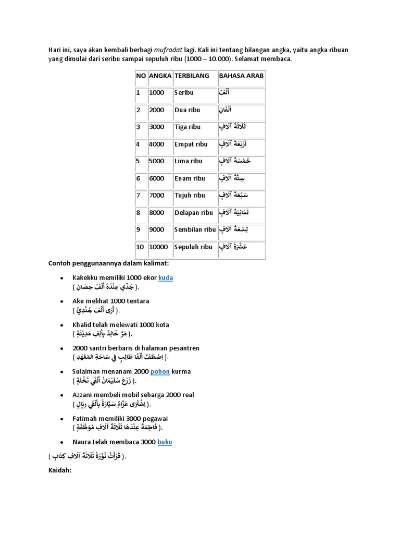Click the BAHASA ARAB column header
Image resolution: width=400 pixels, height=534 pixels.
pos(241,76)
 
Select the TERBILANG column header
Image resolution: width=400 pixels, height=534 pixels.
pos(192,76)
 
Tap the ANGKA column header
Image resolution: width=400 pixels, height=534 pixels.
pos(160,76)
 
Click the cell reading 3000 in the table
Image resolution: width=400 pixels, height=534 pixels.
pos(156,127)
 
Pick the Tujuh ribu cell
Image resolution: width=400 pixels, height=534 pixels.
pos(190,196)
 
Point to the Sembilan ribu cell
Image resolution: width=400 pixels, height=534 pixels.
pos(195,229)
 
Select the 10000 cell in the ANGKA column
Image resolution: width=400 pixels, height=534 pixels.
pos(158,247)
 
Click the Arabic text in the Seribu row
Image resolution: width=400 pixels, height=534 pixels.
pos(224,93)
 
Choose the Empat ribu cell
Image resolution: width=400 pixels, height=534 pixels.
pos(191,144)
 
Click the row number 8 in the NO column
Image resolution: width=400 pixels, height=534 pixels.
pos(138,213)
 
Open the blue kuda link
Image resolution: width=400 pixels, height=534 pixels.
pos(166,278)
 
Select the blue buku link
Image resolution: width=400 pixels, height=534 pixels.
pos(165,442)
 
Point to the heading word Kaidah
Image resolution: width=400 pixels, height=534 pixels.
pos(59,470)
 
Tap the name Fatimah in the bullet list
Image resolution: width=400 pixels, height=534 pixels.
pos(85,419)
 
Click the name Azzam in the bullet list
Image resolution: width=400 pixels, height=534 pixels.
pos(83,395)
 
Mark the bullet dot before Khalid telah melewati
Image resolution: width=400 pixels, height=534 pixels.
pos(63,325)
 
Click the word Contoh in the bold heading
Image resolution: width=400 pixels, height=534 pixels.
pos(61,263)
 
